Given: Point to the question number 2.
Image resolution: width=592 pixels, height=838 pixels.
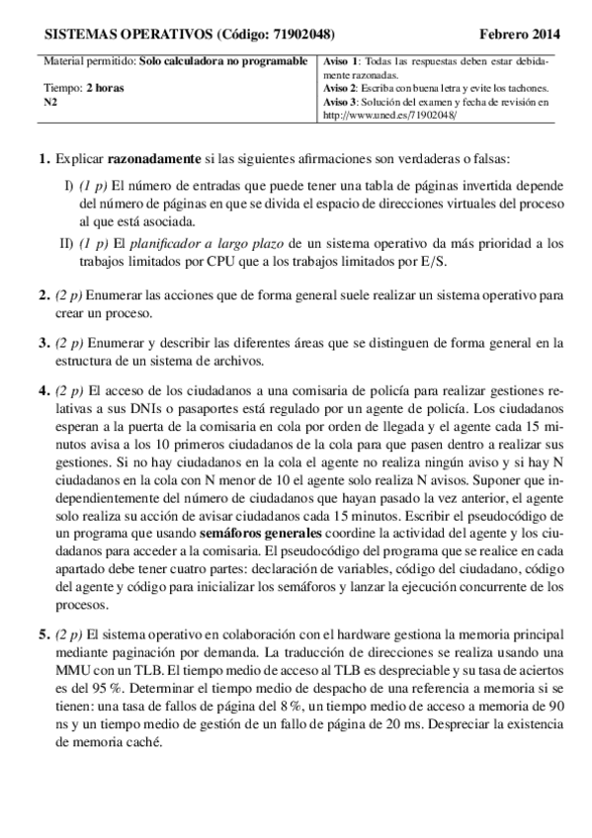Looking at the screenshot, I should point(42,294).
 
